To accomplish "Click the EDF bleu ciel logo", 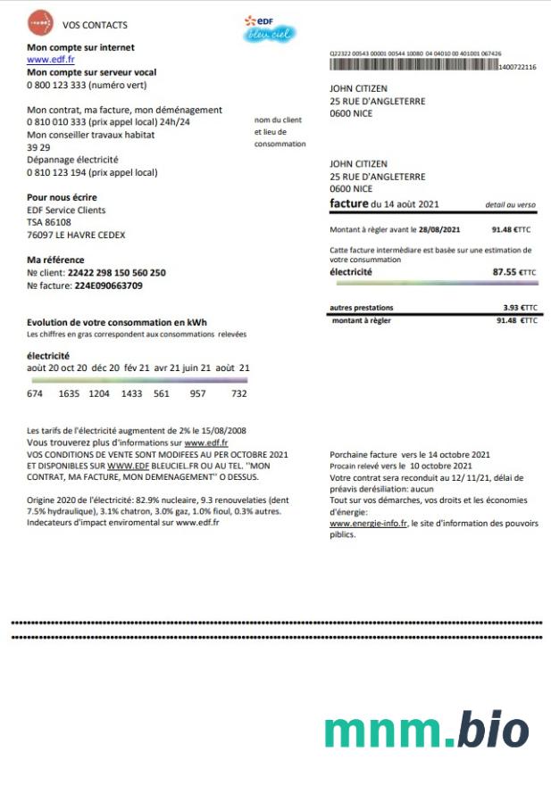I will tap(270, 29).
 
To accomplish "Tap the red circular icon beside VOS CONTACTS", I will tap(39, 21).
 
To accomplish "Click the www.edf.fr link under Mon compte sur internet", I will tap(50, 60).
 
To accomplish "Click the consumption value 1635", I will tap(69, 393).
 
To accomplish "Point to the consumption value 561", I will tap(162, 393).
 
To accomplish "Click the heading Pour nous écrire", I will tap(62, 197).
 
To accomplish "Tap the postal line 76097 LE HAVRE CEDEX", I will tap(76, 235).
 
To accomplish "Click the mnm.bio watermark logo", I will tap(426, 729).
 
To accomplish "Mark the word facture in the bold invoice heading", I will tap(348, 203).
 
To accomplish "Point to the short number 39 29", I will tap(38, 147).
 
